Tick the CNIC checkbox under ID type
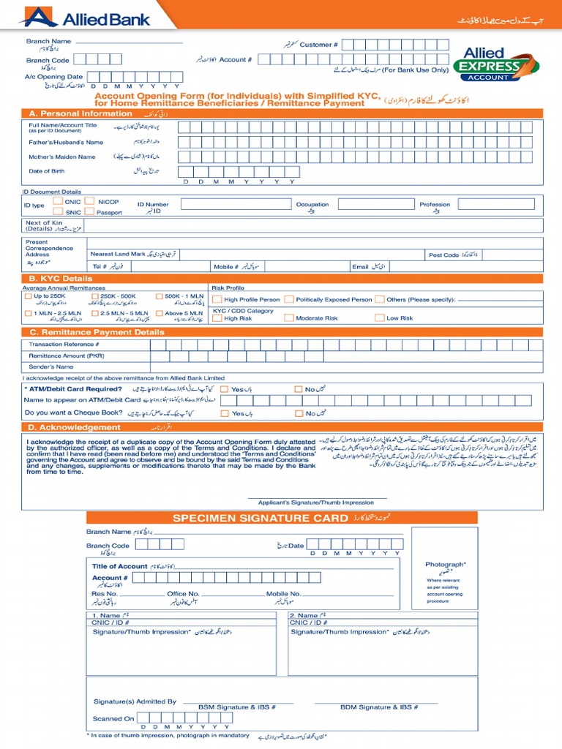click(58, 200)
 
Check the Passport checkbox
click(89, 211)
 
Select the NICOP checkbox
click(89, 200)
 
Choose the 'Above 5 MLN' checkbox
click(159, 313)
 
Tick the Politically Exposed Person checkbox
click(290, 299)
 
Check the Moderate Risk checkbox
click(289, 318)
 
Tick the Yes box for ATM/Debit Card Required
click(225, 389)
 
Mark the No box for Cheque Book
click(298, 413)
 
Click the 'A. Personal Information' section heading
click(80, 113)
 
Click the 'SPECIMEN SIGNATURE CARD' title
click(260, 519)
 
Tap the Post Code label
click(444, 255)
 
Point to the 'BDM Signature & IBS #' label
click(379, 707)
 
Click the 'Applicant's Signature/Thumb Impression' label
click(317, 503)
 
